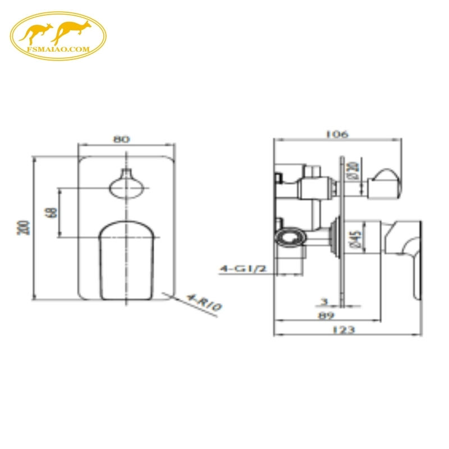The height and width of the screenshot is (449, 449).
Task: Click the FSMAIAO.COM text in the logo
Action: click(58, 49)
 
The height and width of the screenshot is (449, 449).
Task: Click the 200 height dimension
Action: click(23, 227)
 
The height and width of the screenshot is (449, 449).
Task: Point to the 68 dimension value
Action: click(52, 213)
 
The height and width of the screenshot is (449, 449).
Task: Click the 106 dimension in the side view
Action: click(337, 134)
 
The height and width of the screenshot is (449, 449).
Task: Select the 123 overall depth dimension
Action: click(343, 330)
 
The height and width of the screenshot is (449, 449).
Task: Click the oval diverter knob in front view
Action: click(126, 185)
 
